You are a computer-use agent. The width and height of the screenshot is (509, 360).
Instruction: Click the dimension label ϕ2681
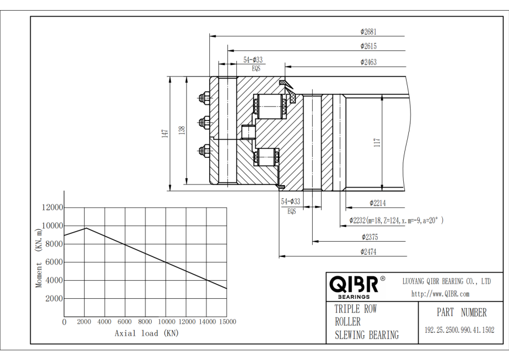(x=368, y=32)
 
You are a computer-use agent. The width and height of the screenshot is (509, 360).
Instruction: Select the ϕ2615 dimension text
(x=368, y=46)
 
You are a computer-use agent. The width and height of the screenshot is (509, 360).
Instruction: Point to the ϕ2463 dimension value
(x=368, y=62)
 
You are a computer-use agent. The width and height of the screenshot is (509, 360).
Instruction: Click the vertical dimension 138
(x=182, y=131)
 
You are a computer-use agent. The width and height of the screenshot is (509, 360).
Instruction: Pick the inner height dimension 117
(x=377, y=143)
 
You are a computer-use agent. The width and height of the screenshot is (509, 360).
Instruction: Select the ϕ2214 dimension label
(x=378, y=203)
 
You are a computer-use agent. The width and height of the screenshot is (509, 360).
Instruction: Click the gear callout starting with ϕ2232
(x=396, y=221)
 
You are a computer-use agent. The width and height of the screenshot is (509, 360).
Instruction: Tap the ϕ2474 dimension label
(x=368, y=251)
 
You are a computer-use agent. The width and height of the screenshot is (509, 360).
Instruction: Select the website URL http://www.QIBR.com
(x=441, y=294)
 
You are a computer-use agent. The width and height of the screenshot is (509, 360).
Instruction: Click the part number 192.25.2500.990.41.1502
(x=459, y=330)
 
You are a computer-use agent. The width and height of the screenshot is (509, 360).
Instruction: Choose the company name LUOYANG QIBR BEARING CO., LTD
(x=446, y=281)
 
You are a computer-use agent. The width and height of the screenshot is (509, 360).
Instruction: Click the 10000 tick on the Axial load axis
(x=166, y=322)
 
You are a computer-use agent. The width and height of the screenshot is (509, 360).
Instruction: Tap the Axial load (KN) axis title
(x=146, y=333)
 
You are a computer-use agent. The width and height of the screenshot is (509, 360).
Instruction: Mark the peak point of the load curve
(x=85, y=228)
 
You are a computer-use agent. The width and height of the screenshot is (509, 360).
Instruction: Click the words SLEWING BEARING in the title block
(x=366, y=335)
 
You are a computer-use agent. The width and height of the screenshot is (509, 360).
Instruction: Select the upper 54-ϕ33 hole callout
(x=253, y=59)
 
